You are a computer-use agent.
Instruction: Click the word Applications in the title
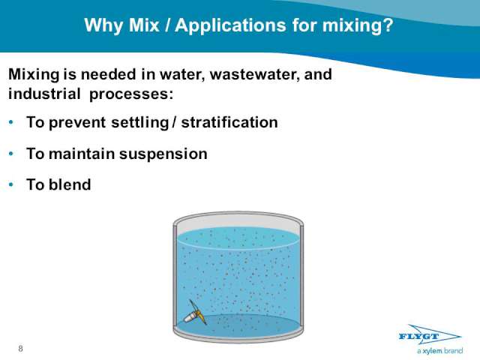[x=231, y=25]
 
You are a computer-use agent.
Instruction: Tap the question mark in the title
[x=387, y=25]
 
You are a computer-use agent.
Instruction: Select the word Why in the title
[x=103, y=25]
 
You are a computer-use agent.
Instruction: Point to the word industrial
[x=44, y=93]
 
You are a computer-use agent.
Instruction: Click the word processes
[x=131, y=94]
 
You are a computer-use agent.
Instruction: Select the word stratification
[x=229, y=122]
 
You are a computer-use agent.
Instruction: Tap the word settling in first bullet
[x=140, y=123]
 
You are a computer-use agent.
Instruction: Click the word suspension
[x=163, y=154]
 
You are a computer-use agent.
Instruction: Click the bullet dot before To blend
[x=11, y=184]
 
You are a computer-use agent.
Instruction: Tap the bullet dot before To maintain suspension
[x=11, y=153]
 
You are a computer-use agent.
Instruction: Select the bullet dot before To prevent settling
[x=11, y=122]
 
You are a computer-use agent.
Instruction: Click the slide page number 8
[x=20, y=348]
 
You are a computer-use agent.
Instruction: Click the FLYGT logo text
[x=418, y=337]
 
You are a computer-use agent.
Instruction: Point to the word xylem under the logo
[x=432, y=351]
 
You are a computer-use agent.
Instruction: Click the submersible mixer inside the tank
[x=194, y=313]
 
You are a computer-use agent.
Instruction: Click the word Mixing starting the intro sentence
[x=34, y=75]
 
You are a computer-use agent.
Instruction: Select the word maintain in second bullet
[x=82, y=153]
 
